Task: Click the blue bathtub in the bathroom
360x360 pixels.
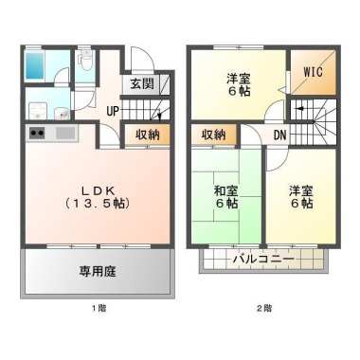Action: click(x=35, y=65)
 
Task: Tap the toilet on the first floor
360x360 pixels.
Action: click(x=85, y=61)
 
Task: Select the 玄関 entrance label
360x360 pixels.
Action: click(x=142, y=84)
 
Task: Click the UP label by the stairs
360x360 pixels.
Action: click(x=113, y=111)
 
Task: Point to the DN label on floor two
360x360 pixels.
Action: click(x=279, y=135)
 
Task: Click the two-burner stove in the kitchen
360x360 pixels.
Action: click(x=37, y=133)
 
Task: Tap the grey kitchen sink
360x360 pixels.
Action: click(x=65, y=133)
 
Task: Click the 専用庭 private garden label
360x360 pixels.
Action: click(x=98, y=271)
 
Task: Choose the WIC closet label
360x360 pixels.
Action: click(x=314, y=72)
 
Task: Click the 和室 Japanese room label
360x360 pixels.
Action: click(x=226, y=191)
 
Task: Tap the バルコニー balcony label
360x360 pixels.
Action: click(x=263, y=260)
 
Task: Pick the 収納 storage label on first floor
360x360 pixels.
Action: click(x=148, y=135)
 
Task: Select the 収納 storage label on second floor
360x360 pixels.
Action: click(x=214, y=135)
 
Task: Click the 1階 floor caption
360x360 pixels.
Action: click(x=99, y=308)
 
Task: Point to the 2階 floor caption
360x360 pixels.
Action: click(x=264, y=308)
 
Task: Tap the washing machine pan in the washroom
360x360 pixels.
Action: click(x=38, y=111)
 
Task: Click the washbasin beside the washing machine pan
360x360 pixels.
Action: click(x=62, y=113)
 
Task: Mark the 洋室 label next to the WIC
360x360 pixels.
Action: click(x=239, y=79)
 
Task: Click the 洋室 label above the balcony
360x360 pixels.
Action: click(x=301, y=191)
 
